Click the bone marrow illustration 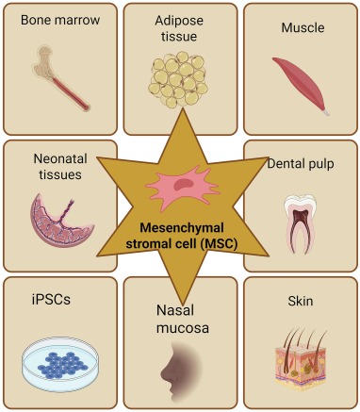click(x=60, y=78)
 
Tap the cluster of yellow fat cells click(x=178, y=79)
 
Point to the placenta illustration click(x=61, y=221)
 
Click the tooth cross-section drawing click(x=300, y=223)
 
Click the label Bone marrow click(x=60, y=20)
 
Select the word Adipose click(x=179, y=21)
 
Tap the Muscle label click(x=303, y=27)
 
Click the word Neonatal click(x=60, y=158)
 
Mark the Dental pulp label click(x=301, y=164)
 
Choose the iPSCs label click(x=51, y=299)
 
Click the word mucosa click(x=183, y=328)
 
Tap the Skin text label click(x=301, y=301)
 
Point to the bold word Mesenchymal click(x=182, y=228)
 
